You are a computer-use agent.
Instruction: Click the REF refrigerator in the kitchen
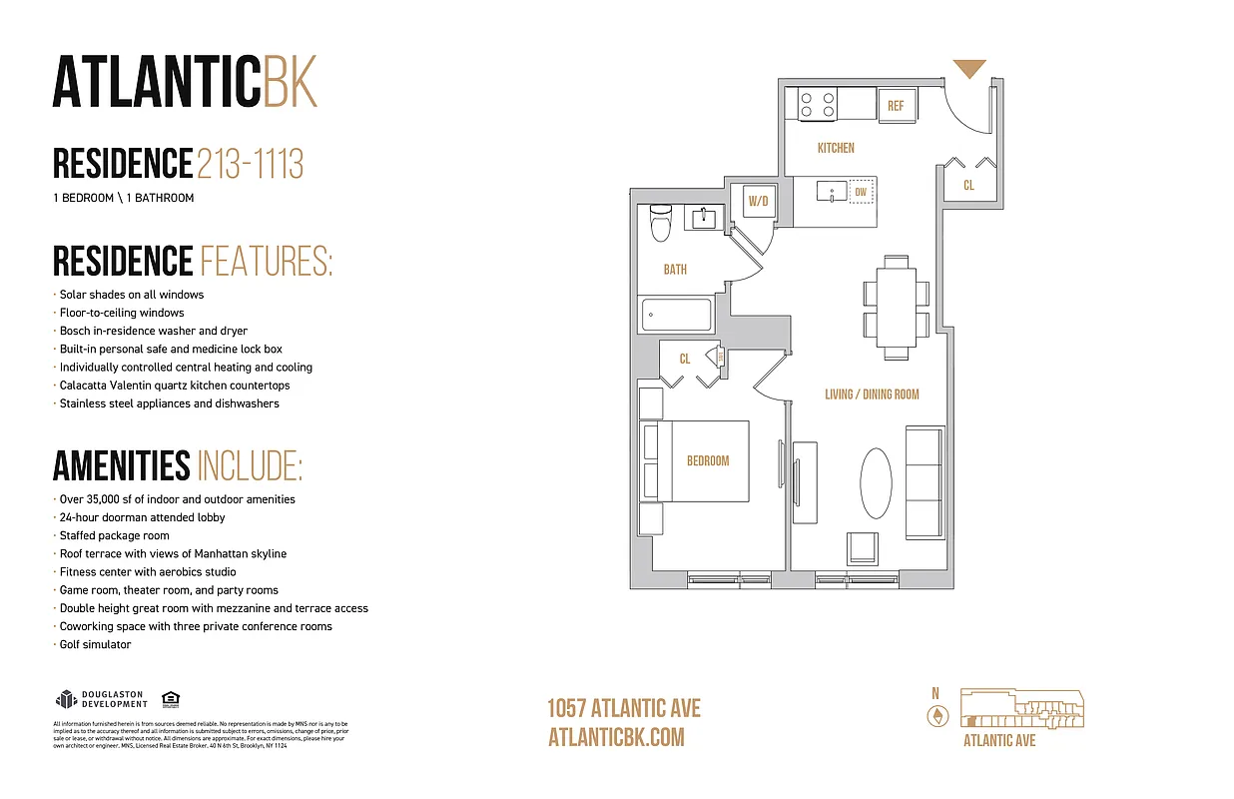coord(896,105)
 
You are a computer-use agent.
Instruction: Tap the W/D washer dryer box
coord(758,201)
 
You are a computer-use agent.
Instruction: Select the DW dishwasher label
coord(860,191)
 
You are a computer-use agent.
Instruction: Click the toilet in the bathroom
coord(659,223)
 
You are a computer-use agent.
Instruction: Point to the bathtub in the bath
coord(675,315)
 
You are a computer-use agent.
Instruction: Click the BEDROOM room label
coord(708,460)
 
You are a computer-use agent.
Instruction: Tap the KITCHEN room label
coord(836,148)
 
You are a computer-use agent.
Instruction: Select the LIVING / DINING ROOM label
coord(872,395)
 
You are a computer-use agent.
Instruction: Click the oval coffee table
coord(876,482)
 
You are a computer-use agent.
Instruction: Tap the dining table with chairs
coord(896,308)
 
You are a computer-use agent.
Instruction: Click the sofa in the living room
coord(924,480)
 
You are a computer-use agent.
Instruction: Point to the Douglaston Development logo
coord(101,699)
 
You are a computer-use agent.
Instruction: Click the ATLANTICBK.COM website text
coord(616,737)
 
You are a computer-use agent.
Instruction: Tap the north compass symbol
coord(936,715)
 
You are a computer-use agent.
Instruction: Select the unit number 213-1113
coord(250,163)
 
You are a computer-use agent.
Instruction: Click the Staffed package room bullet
coord(114,536)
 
